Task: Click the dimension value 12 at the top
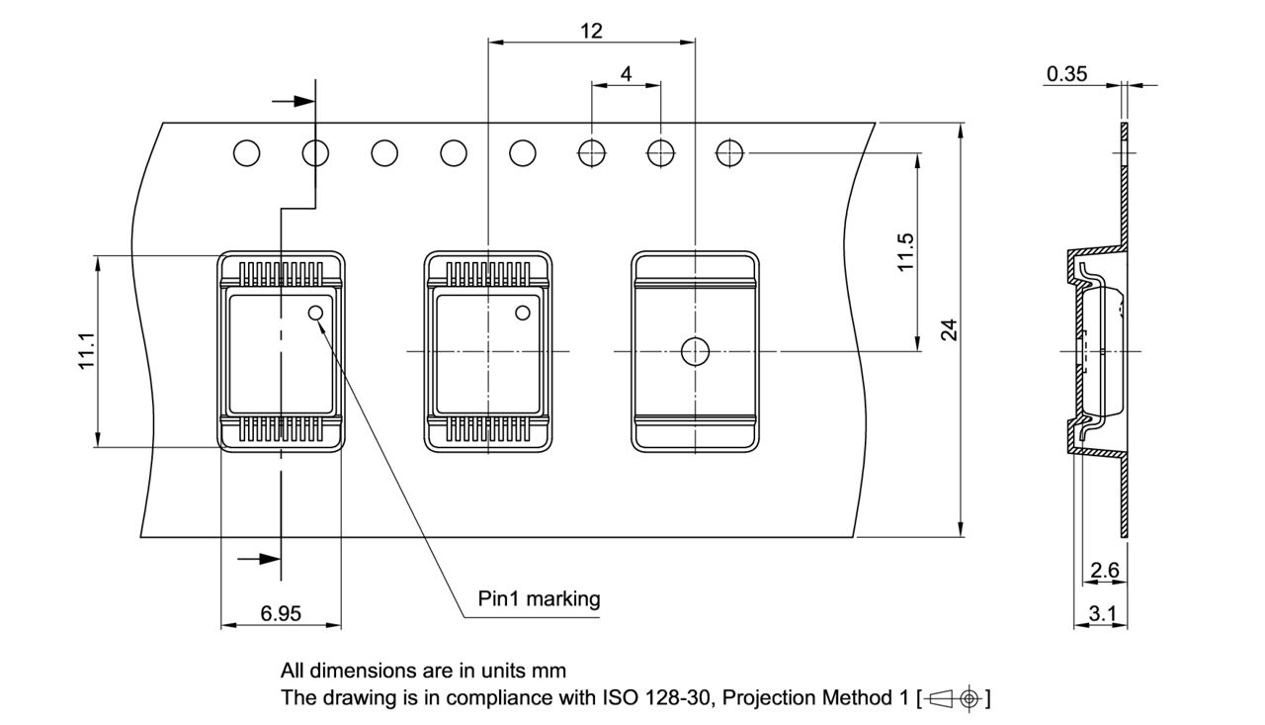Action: click(x=591, y=31)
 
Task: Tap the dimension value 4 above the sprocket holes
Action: click(x=626, y=74)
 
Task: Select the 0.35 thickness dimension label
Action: click(x=1067, y=74)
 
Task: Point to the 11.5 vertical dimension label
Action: click(x=905, y=252)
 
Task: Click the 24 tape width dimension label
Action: click(x=949, y=330)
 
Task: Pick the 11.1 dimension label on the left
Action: click(x=86, y=351)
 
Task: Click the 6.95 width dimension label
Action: click(x=281, y=614)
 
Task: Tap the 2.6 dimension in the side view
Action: click(x=1104, y=570)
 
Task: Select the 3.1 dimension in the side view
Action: click(x=1101, y=614)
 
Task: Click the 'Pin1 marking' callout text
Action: click(x=539, y=598)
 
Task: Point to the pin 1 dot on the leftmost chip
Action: click(x=316, y=314)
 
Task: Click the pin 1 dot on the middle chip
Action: click(x=523, y=314)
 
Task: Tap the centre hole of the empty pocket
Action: click(x=695, y=350)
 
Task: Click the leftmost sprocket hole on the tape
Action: click(x=246, y=153)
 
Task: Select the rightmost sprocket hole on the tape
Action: click(x=729, y=153)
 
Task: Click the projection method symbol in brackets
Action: click(x=953, y=698)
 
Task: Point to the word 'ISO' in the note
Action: click(x=620, y=698)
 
